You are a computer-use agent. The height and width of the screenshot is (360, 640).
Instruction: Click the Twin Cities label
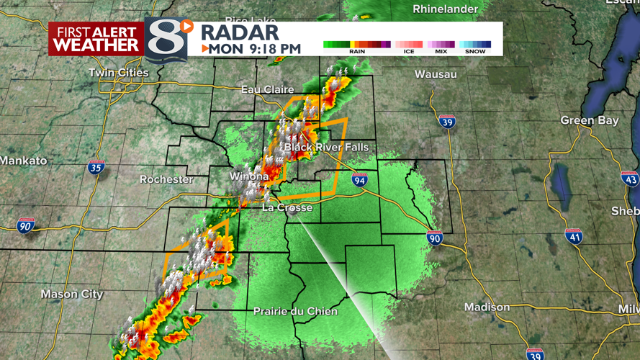coord(118,73)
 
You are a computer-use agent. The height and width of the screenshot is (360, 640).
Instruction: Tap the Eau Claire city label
coord(267,89)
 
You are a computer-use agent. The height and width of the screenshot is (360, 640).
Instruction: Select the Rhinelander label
coord(446,9)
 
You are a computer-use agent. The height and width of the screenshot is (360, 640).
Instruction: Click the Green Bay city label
coord(589,121)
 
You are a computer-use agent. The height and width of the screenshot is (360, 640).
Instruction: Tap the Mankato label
coord(23,161)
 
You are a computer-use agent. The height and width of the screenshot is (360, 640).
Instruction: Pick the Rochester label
coord(166,179)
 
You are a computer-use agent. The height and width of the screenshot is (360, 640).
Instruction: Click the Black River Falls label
coord(326,148)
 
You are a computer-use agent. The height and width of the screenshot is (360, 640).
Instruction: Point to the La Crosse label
coord(287,207)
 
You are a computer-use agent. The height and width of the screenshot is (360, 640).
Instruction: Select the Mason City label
coord(72,294)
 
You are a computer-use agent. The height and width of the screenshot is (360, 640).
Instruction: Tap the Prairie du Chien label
coord(295,311)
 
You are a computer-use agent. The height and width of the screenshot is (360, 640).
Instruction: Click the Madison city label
coord(487,307)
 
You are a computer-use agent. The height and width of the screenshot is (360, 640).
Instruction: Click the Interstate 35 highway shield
coord(96,168)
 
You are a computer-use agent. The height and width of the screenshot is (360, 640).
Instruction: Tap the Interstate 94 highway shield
coord(360,180)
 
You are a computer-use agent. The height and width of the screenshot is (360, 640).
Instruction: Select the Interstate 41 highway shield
coord(574,235)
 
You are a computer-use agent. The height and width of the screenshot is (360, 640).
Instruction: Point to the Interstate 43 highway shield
coord(630,179)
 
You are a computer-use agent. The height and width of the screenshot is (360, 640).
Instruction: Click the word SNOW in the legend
coord(475,52)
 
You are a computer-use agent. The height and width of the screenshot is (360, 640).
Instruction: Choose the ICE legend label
coord(408,52)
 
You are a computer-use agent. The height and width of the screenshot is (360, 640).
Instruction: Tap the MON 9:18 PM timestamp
coord(251,49)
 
